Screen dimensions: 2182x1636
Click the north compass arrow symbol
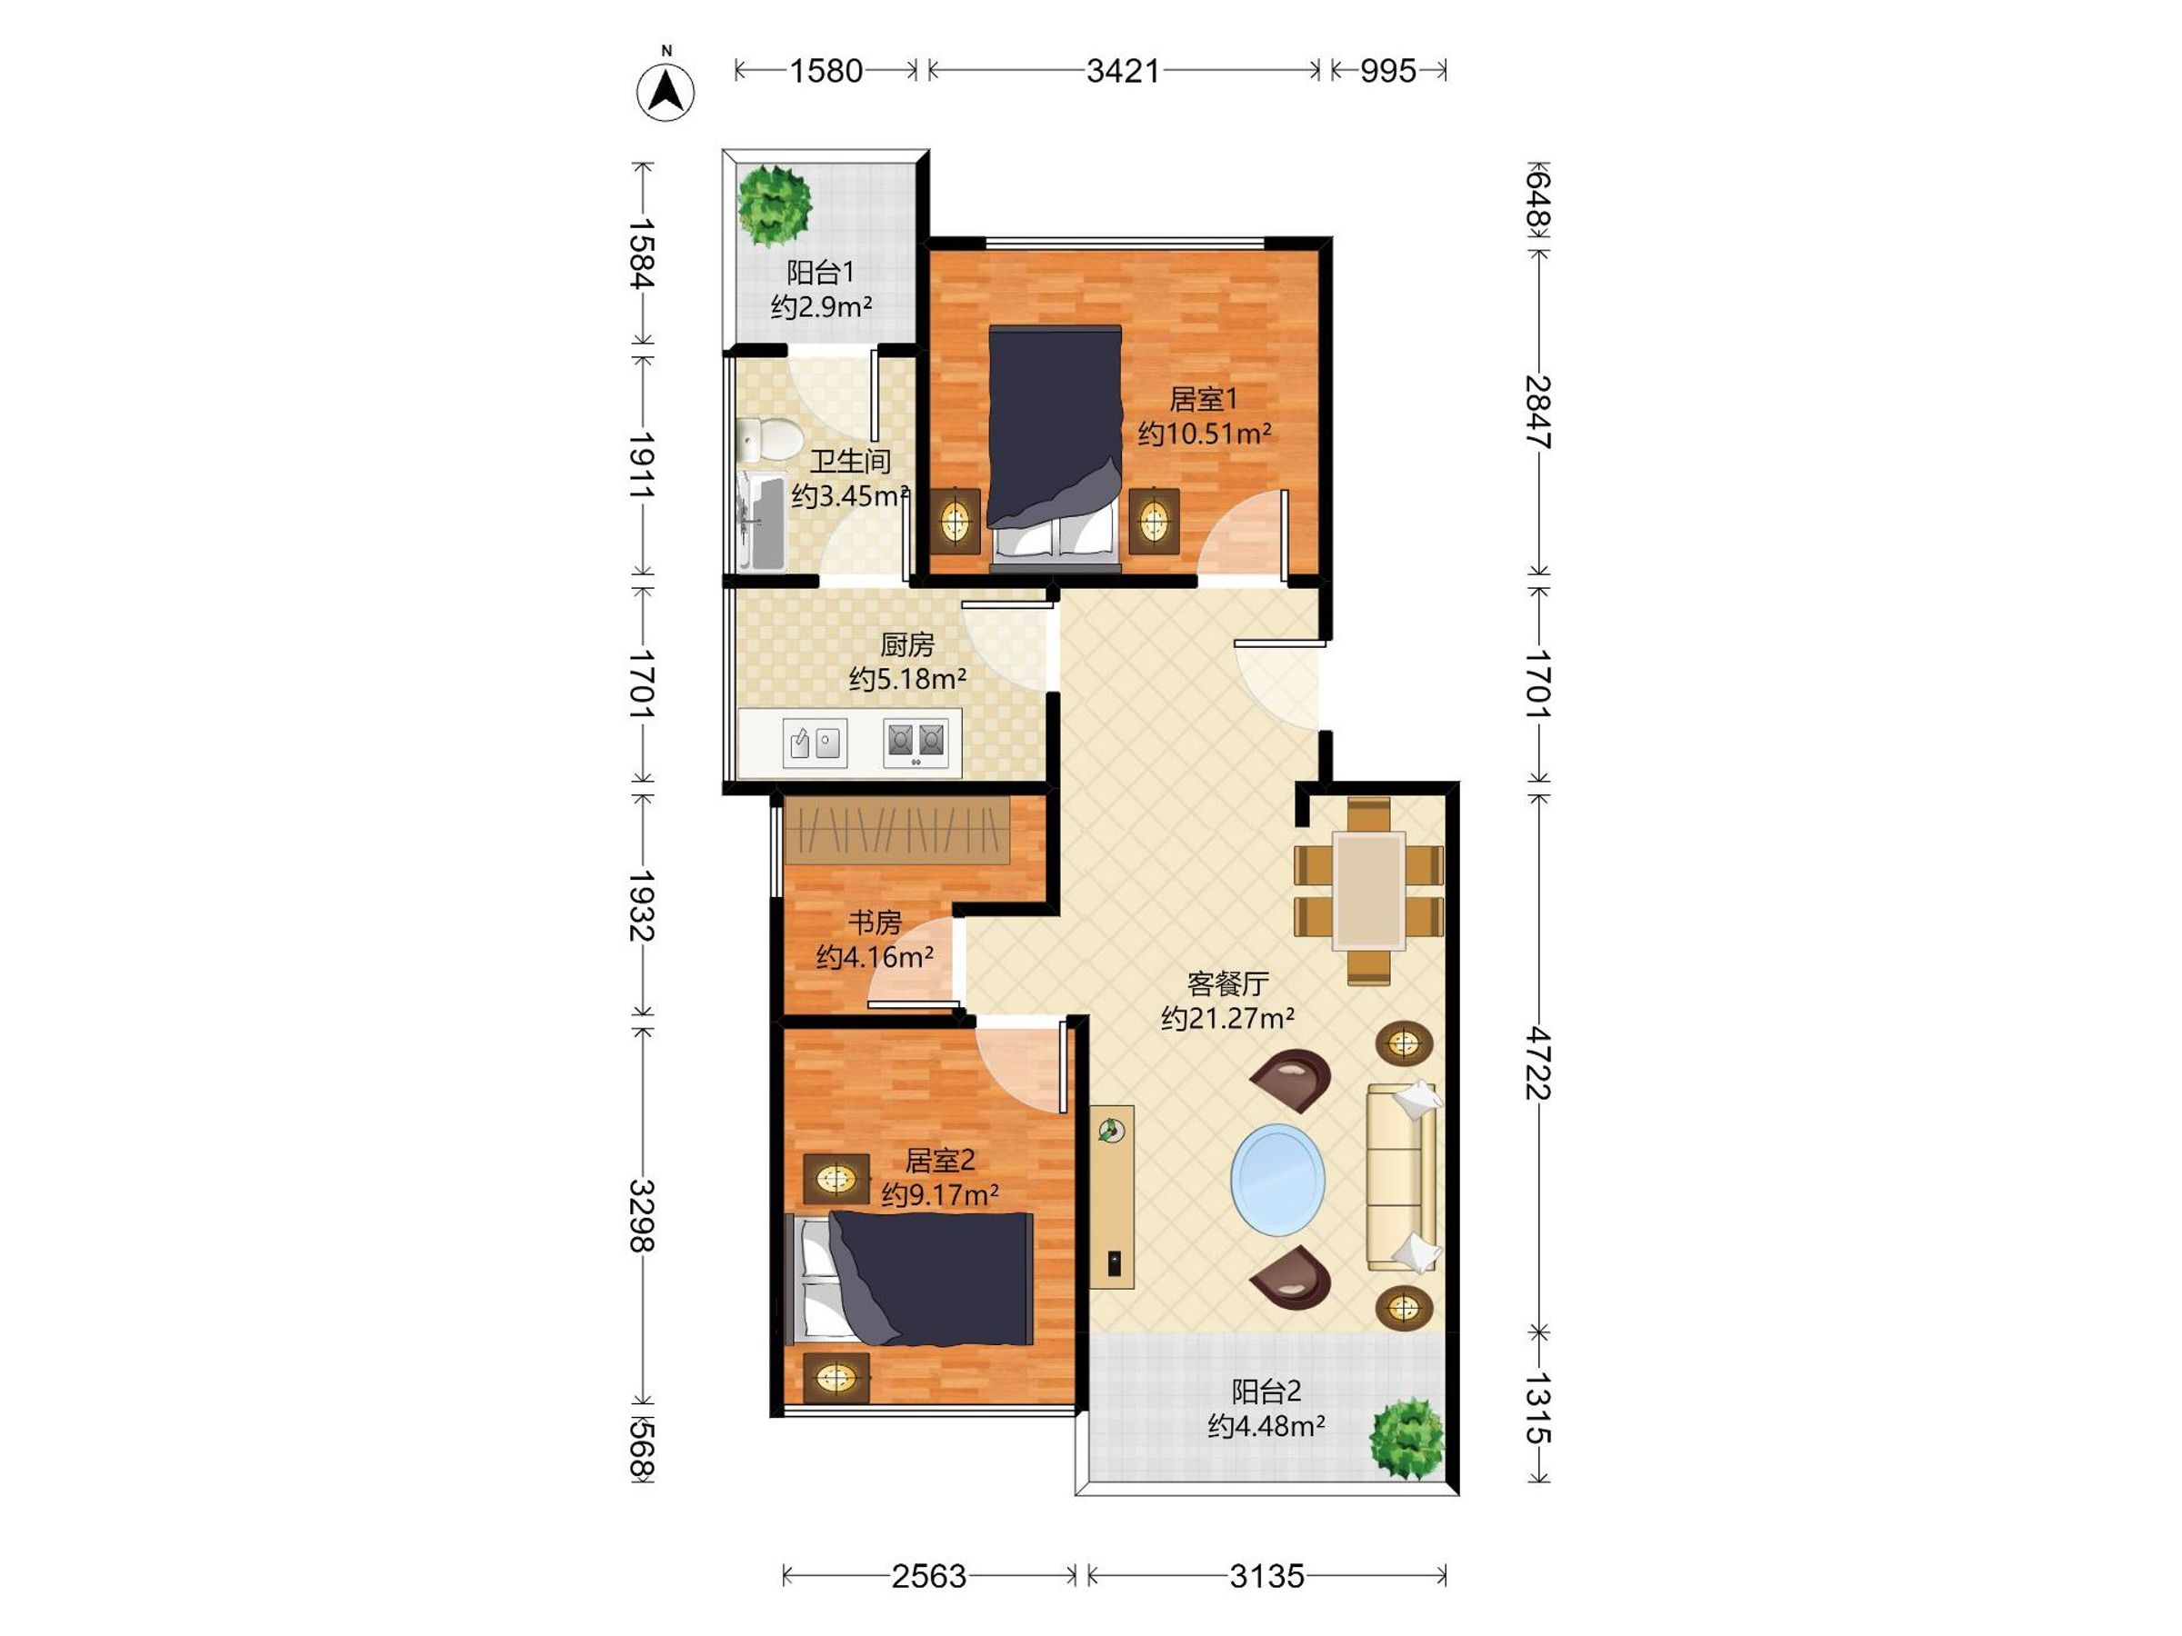[666, 91]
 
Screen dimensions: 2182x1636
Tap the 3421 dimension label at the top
[1123, 71]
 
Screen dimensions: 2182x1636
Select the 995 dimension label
[1388, 71]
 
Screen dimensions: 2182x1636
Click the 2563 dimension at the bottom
[928, 1576]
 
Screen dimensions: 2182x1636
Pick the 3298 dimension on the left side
[642, 1215]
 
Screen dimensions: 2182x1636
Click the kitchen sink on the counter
[815, 743]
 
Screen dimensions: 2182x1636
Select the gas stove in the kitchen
[916, 743]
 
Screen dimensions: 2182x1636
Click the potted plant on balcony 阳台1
[775, 205]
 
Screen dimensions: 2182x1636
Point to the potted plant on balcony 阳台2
[1407, 1437]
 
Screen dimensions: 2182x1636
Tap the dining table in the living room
[1368, 891]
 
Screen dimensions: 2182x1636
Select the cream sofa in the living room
[1402, 1176]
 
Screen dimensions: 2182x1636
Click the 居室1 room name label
[1203, 399]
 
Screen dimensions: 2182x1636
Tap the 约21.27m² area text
[1227, 1018]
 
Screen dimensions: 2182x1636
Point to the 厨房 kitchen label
[906, 645]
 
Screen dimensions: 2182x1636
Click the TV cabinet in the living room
[1112, 1196]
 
